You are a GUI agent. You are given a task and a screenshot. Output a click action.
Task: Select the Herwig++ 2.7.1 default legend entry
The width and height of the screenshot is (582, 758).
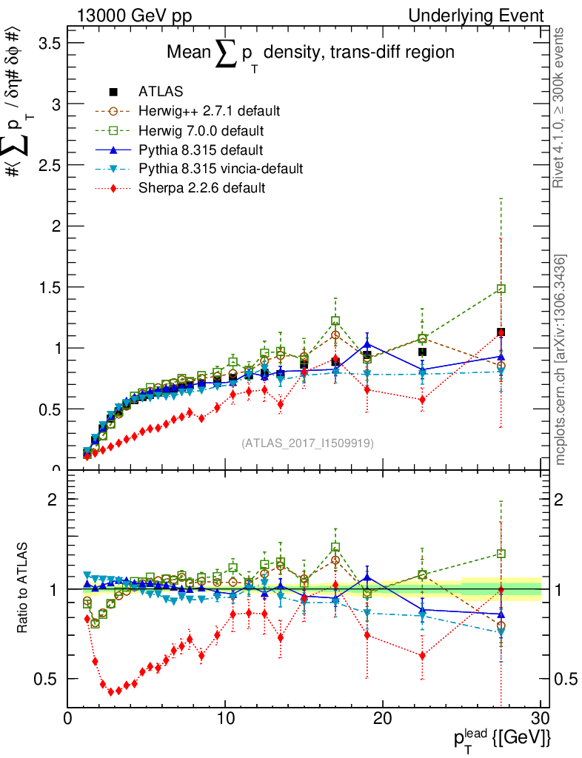pyautogui.click(x=208, y=111)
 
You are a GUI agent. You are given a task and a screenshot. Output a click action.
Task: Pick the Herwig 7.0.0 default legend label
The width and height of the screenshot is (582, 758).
pyautogui.click(x=201, y=130)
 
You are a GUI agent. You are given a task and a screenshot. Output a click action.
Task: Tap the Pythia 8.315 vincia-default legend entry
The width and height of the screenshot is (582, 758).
pyautogui.click(x=220, y=169)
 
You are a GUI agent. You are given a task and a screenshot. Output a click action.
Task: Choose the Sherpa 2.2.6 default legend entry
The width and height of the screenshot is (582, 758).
pyautogui.click(x=201, y=188)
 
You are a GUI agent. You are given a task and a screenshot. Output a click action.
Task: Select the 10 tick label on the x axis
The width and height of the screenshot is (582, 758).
pyautogui.click(x=225, y=719)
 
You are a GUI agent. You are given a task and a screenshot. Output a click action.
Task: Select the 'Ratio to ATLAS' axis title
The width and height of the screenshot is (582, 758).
pyautogui.click(x=24, y=589)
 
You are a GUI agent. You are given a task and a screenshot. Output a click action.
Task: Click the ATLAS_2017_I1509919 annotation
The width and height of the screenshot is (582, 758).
pyautogui.click(x=307, y=443)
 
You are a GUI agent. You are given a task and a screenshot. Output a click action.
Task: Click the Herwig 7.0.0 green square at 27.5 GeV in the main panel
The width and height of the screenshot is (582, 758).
pyautogui.click(x=501, y=289)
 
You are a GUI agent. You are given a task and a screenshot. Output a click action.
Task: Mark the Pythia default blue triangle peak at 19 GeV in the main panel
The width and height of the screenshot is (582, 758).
pyautogui.click(x=367, y=345)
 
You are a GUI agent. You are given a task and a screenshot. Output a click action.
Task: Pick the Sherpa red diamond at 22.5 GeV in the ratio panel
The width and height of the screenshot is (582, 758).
pyautogui.click(x=422, y=655)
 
